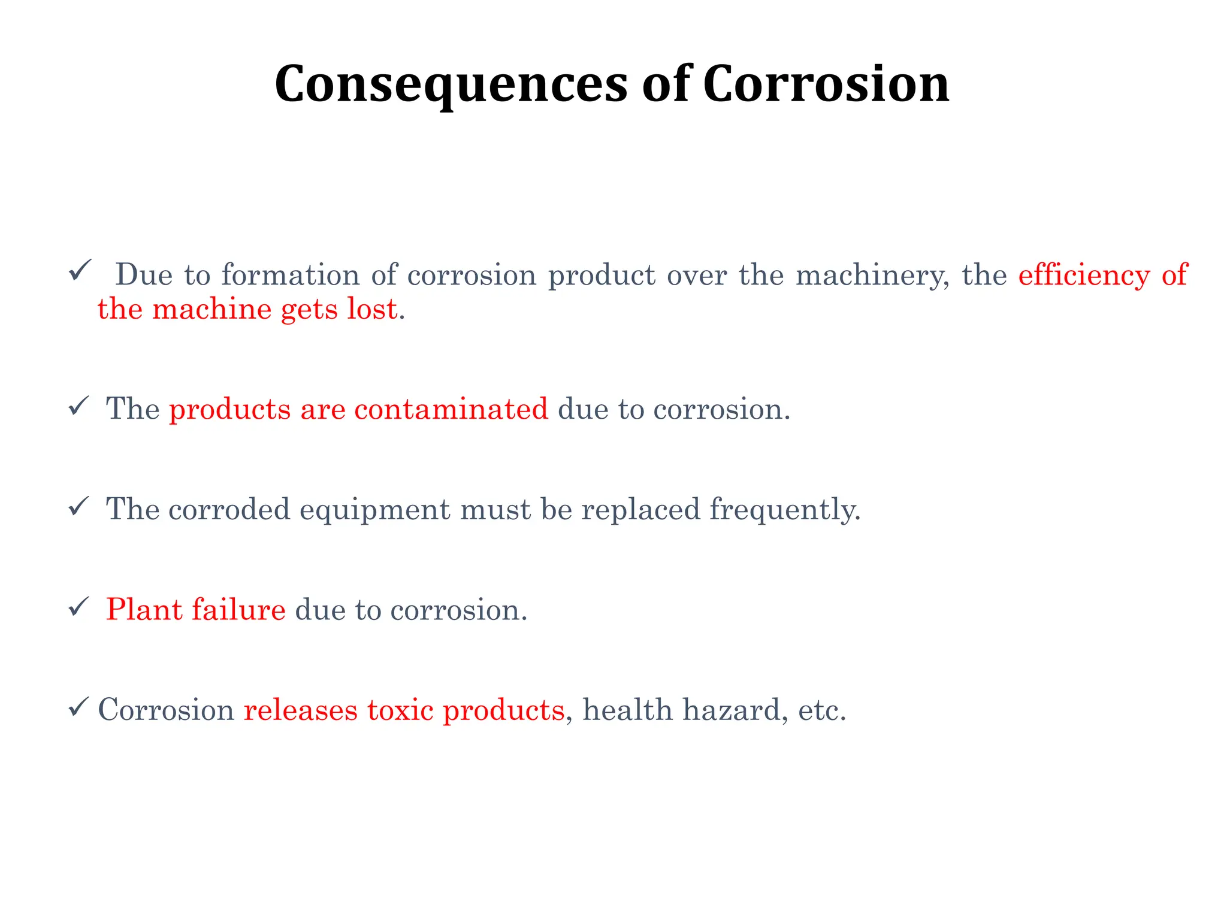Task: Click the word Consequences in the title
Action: coord(451,85)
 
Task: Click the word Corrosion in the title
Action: coord(826,84)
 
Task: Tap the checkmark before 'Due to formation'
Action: coord(80,270)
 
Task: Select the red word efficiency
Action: coord(1083,276)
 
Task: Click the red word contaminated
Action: coord(451,410)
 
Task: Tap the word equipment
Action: coord(374,510)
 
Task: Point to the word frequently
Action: coord(785,510)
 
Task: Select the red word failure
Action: coord(238,610)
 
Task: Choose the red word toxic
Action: coord(400,710)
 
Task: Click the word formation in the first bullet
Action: coord(290,276)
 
